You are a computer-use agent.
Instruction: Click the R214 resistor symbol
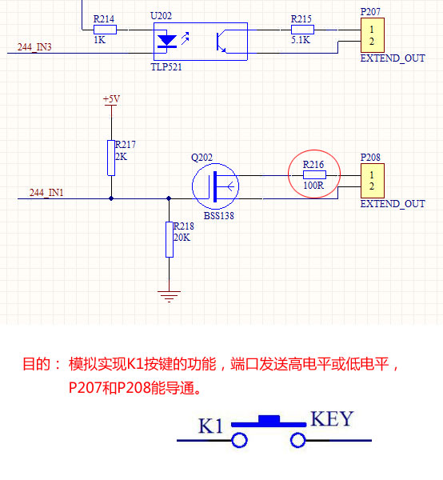coord(105,30)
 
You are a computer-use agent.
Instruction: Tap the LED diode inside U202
coord(167,42)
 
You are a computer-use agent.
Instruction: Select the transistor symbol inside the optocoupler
coord(221,42)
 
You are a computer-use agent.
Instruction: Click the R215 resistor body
coord(302,30)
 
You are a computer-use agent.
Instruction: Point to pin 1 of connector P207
coord(372,30)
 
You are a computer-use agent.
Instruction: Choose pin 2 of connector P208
coord(372,186)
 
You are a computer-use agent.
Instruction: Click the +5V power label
coord(111,99)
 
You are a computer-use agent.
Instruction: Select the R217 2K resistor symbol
coord(111,158)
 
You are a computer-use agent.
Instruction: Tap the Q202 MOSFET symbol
coord(215,186)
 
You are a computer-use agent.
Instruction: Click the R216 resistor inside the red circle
coord(314,174)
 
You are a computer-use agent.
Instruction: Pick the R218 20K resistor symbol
coord(170,240)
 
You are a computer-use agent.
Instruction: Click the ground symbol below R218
coord(170,296)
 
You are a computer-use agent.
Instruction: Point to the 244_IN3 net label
coord(34,47)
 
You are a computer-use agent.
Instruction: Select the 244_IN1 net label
coord(46,193)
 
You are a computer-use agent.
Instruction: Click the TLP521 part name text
coord(166,67)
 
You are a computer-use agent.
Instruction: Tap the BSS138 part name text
coord(219,216)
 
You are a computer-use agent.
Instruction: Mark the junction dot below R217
coord(111,198)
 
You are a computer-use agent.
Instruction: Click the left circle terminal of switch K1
coord(239,441)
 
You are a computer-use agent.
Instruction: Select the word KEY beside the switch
coord(333,418)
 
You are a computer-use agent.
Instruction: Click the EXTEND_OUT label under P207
coord(393,58)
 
